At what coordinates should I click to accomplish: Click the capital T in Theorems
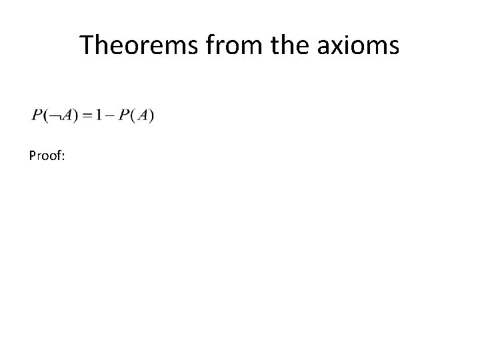tap(87, 45)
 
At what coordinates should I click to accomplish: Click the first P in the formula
tap(36, 115)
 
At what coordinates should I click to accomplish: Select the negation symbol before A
tap(51, 117)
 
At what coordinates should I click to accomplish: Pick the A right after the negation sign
tap(61, 115)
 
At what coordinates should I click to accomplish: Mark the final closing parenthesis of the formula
tap(151, 116)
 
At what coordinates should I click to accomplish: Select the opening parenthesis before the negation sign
tap(43, 116)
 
